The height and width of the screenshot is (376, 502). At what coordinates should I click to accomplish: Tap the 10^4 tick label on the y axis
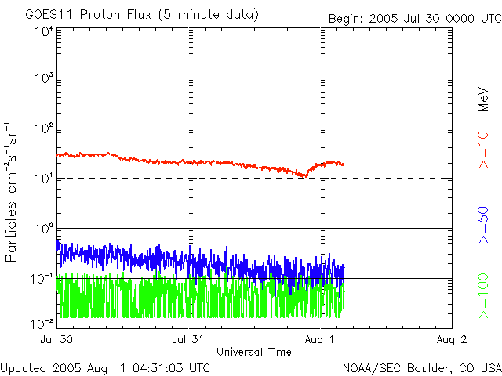[x=43, y=31]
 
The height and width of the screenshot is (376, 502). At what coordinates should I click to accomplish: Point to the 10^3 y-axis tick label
[x=43, y=78]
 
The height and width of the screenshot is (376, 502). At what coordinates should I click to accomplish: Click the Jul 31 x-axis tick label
[x=189, y=339]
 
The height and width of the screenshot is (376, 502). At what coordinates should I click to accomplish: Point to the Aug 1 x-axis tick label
[x=322, y=339]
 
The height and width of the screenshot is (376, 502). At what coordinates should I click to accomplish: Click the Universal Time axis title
[x=253, y=352]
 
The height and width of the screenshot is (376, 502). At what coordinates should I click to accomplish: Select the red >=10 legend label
[x=484, y=150]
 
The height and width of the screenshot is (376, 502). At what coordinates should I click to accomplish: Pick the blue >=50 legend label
[x=484, y=226]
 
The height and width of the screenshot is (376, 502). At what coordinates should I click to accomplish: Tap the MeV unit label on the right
[x=484, y=98]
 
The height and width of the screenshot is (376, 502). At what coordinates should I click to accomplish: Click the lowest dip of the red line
[x=302, y=175]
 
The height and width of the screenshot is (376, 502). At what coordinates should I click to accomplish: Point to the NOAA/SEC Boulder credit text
[x=421, y=367]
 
